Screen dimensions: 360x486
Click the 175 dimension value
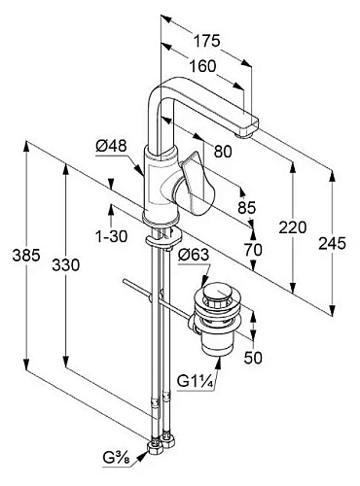[207, 41]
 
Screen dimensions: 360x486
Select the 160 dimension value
[202, 66]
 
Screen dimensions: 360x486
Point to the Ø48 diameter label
[111, 146]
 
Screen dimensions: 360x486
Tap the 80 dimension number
[223, 152]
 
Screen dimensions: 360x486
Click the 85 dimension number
[247, 207]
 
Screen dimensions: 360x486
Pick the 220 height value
[293, 227]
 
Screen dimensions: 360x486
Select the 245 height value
[332, 243]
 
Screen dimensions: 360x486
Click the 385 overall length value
[26, 255]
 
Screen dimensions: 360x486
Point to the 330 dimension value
[66, 265]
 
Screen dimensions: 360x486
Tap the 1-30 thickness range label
[112, 236]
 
